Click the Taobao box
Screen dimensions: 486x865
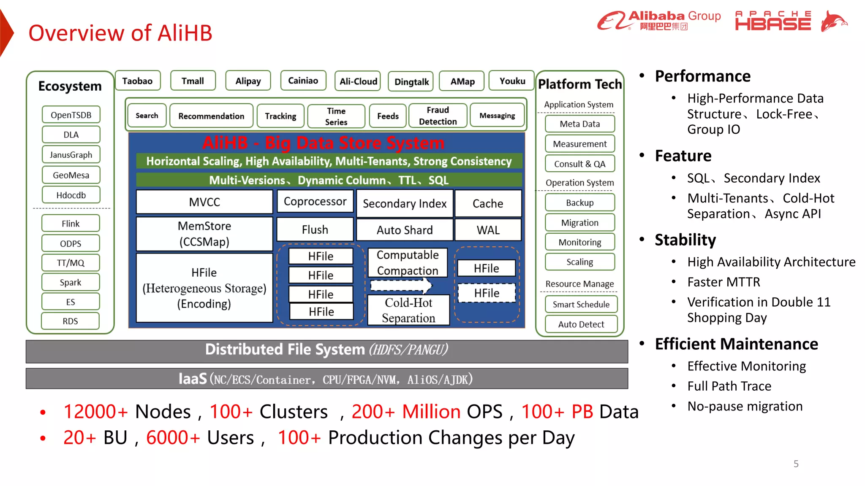tap(138, 81)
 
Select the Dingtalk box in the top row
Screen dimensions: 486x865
tap(411, 81)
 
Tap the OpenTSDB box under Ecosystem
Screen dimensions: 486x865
tap(71, 115)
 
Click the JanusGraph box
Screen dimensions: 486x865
tap(71, 154)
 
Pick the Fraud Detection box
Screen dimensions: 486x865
tap(438, 116)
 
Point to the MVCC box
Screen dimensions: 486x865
tap(204, 202)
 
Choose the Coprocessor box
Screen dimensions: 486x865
tap(315, 202)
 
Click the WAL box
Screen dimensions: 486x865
tap(488, 230)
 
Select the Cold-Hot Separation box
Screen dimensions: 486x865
tap(408, 310)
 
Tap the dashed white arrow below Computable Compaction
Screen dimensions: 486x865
tap(401, 286)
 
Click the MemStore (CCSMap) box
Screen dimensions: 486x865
tap(204, 234)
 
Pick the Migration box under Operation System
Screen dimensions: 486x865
tap(579, 222)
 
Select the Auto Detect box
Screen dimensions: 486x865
tap(581, 324)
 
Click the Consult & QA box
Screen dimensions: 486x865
tap(579, 164)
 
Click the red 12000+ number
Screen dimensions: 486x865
tap(95, 411)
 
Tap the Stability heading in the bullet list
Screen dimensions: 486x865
tap(685, 240)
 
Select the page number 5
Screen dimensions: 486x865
tap(796, 464)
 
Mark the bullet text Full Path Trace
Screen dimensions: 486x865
tap(729, 386)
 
